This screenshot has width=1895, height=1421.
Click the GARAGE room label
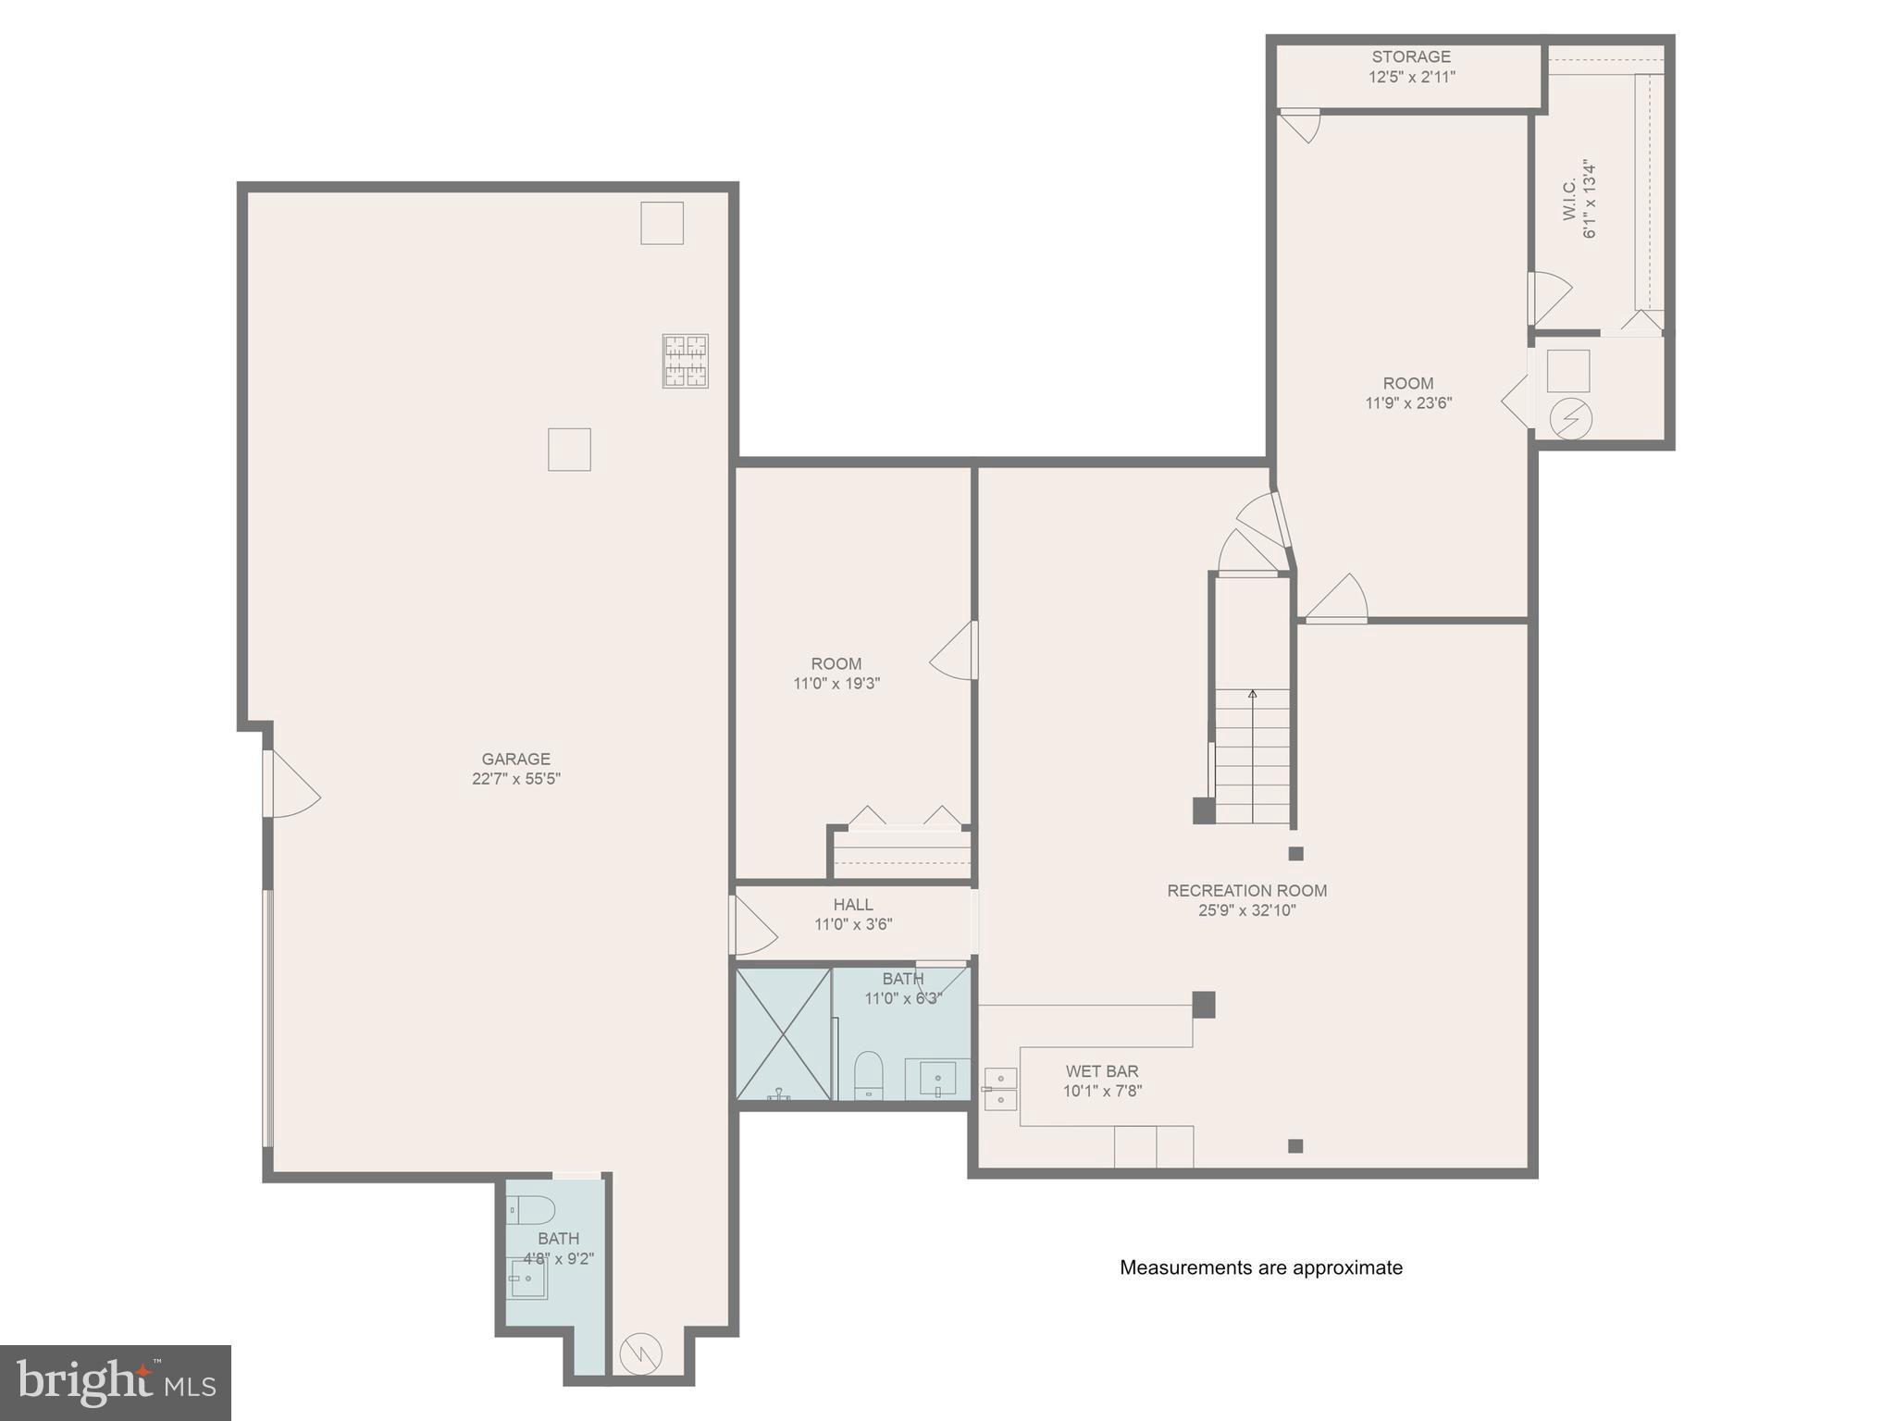tap(515, 759)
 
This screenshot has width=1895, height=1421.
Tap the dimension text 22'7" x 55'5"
tap(515, 779)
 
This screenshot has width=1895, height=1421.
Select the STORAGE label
tap(1411, 56)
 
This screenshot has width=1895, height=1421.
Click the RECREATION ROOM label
tap(1246, 890)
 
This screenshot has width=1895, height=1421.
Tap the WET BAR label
tap(1101, 1071)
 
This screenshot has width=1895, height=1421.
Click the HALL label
tap(852, 904)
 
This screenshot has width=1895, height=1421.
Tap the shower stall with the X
tap(783, 1033)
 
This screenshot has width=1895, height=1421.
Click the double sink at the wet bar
tap(1000, 1089)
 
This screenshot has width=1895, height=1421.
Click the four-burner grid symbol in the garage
tap(685, 361)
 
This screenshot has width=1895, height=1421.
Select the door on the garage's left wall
tap(291, 784)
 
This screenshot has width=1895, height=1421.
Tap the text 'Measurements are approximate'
tap(1260, 1267)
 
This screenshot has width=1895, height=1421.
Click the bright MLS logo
tap(116, 1382)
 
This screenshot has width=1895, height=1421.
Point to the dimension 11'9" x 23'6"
tap(1408, 403)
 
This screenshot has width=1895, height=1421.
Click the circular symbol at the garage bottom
tap(641, 1353)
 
